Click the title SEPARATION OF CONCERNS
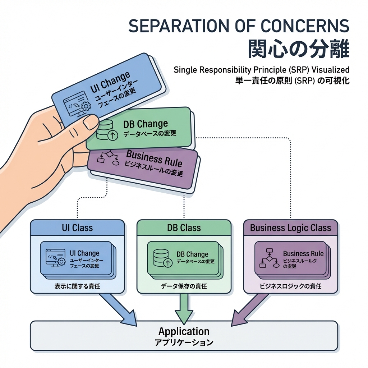(x=239, y=27)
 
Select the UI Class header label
(x=77, y=228)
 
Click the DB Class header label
(x=184, y=228)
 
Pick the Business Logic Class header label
(x=290, y=228)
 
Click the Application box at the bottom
(x=184, y=335)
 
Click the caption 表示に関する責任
(x=77, y=286)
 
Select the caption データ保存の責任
(x=184, y=286)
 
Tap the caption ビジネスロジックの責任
(x=290, y=286)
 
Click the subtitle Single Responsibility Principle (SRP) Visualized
(x=261, y=69)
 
